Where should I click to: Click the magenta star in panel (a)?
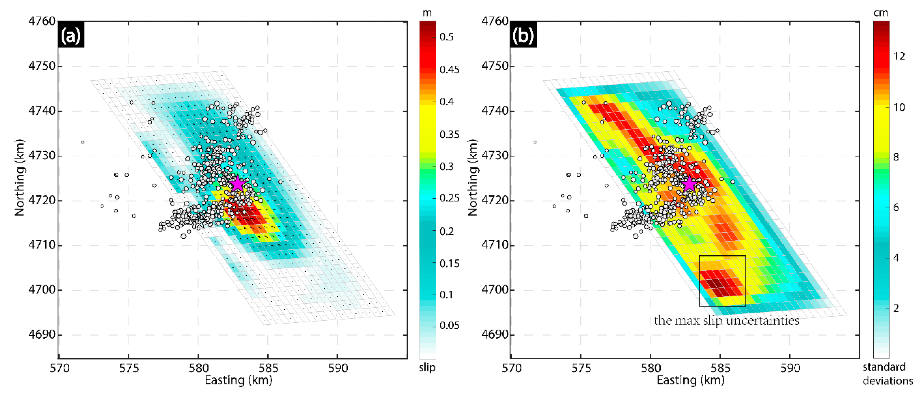coord(237,184)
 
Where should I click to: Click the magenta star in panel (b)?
coord(689,184)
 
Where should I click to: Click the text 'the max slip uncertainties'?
coord(727,320)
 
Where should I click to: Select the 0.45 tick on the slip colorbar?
coord(449,69)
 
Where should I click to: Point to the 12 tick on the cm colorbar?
coord(899,56)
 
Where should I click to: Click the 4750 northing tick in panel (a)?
coord(42,66)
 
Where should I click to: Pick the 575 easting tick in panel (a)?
coord(129,368)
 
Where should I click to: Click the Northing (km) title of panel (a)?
coord(20,178)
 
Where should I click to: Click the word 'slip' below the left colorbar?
coord(427,367)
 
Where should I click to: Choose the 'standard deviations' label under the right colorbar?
coord(888,374)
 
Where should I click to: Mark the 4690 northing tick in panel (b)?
coord(495,335)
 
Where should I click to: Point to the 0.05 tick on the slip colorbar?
coord(449,325)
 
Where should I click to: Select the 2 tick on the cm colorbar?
coord(896,308)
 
